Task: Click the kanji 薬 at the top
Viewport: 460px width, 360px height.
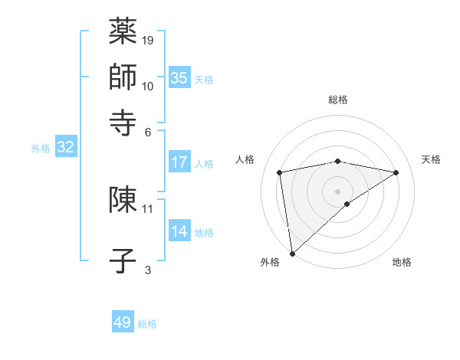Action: [123, 31]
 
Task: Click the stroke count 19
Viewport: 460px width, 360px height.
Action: [148, 40]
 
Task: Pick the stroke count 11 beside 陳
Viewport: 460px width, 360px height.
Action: [148, 208]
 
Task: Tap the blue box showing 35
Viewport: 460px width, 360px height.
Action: [179, 77]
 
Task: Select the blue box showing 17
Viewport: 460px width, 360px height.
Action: [179, 162]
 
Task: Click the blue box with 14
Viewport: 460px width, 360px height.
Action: [179, 231]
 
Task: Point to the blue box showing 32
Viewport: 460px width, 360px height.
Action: [65, 148]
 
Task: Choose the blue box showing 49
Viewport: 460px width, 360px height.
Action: [123, 322]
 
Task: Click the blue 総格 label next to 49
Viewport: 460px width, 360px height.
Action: [147, 324]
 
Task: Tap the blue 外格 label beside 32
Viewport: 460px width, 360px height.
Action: [41, 149]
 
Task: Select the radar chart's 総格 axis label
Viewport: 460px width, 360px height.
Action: [338, 100]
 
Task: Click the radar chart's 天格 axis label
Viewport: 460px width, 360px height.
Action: [431, 159]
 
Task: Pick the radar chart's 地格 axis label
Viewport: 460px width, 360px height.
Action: [402, 262]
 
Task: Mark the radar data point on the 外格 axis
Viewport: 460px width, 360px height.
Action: [292, 253]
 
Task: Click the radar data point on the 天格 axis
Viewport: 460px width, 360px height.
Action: [396, 172]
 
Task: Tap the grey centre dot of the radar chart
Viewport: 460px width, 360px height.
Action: [338, 191]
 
